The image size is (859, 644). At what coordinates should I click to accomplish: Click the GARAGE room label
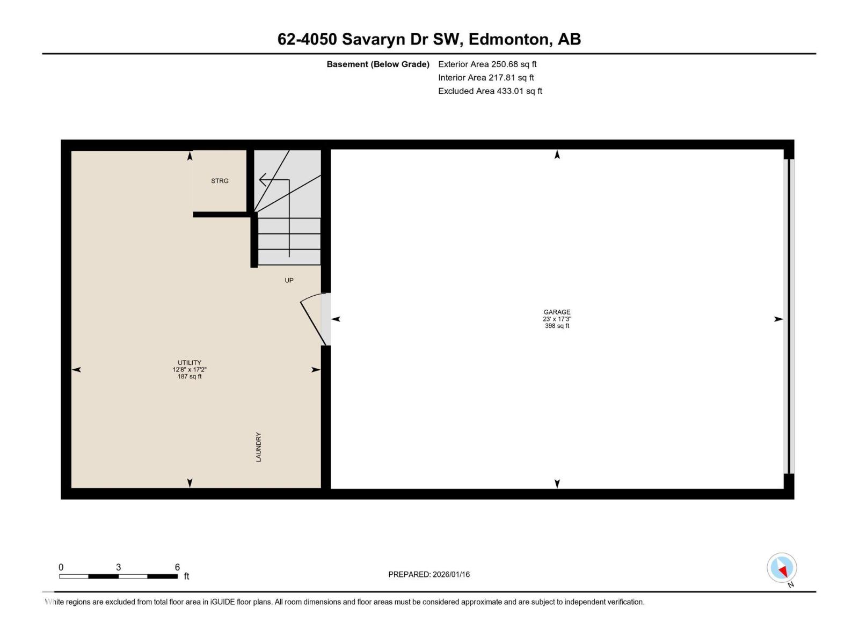pyautogui.click(x=557, y=312)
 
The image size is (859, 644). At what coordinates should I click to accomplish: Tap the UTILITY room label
pyautogui.click(x=190, y=362)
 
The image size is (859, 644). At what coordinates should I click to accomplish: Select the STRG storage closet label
pyautogui.click(x=220, y=181)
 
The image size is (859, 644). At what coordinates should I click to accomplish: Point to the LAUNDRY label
pyautogui.click(x=258, y=447)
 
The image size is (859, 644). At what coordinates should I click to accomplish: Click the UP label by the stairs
pyautogui.click(x=289, y=280)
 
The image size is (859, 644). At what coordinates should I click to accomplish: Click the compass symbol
pyautogui.click(x=782, y=568)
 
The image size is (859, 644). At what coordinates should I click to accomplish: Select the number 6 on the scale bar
pyautogui.click(x=177, y=567)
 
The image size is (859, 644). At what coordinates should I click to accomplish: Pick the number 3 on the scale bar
pyautogui.click(x=118, y=567)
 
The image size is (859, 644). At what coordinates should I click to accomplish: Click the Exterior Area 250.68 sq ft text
pyautogui.click(x=487, y=64)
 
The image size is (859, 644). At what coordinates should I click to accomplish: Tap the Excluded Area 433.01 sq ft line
pyautogui.click(x=490, y=91)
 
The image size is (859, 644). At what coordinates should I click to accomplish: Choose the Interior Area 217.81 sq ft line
pyautogui.click(x=486, y=77)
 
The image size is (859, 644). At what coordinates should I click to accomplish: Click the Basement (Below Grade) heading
pyautogui.click(x=378, y=64)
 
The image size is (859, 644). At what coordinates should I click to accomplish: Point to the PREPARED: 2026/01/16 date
pyautogui.click(x=429, y=574)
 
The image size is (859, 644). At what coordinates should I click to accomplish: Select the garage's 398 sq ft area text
pyautogui.click(x=557, y=326)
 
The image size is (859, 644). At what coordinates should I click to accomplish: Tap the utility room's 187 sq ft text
pyautogui.click(x=190, y=376)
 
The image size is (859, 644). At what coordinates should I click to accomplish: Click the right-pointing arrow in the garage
pyautogui.click(x=778, y=319)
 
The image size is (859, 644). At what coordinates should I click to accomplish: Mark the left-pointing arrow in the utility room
pyautogui.click(x=77, y=369)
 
